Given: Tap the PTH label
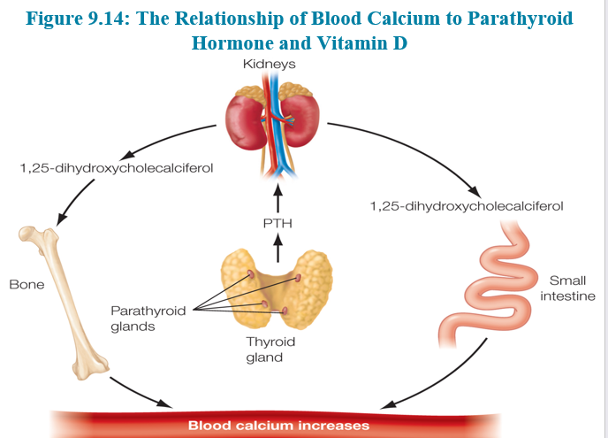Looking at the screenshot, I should point(277,224).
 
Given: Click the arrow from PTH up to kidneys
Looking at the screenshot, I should point(277,196).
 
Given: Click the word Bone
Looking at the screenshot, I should point(26,285).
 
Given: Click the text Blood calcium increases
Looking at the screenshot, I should point(278,426).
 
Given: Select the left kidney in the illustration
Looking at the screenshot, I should point(245,119).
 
